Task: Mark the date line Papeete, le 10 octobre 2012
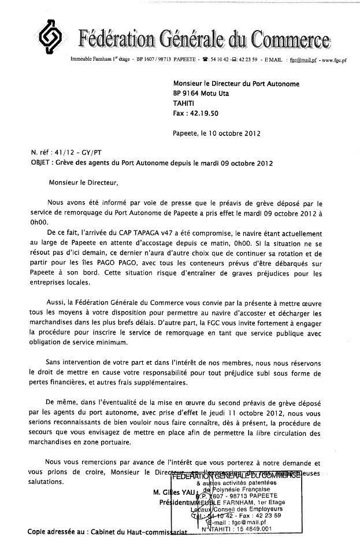(x=217, y=133)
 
